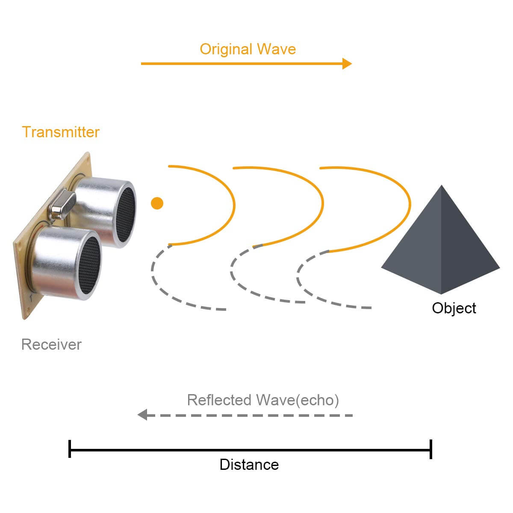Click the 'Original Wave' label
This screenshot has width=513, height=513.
coord(248,49)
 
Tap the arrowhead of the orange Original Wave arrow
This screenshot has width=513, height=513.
coord(347,64)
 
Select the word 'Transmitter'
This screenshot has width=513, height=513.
coord(61,132)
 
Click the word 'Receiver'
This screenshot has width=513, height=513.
coord(51,345)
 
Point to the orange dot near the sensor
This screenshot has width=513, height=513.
coord(157,203)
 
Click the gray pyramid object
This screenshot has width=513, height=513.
coord(440,248)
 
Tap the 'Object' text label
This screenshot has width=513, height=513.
coord(454,308)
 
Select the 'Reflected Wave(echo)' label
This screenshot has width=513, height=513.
coord(263,400)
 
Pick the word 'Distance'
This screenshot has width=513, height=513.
coord(249,465)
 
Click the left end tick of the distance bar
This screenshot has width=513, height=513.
coord(70,449)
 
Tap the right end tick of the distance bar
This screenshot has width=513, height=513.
coord(431,449)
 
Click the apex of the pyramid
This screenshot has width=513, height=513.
coord(441,186)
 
